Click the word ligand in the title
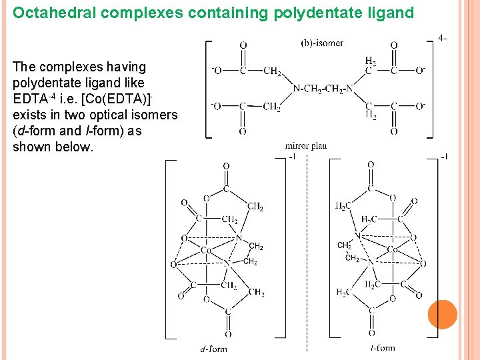pyautogui.click(x=390, y=13)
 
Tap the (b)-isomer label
pyautogui.click(x=322, y=43)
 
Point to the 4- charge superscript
pyautogui.click(x=443, y=38)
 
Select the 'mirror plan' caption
pyautogui.click(x=305, y=146)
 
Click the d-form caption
pyautogui.click(x=213, y=349)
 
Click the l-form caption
pyautogui.click(x=383, y=347)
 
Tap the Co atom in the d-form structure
pyautogui.click(x=207, y=251)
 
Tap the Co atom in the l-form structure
pyautogui.click(x=393, y=250)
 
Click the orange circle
pyautogui.click(x=442, y=315)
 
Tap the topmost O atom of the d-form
pyautogui.click(x=226, y=166)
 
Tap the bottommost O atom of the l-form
pyautogui.click(x=371, y=333)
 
